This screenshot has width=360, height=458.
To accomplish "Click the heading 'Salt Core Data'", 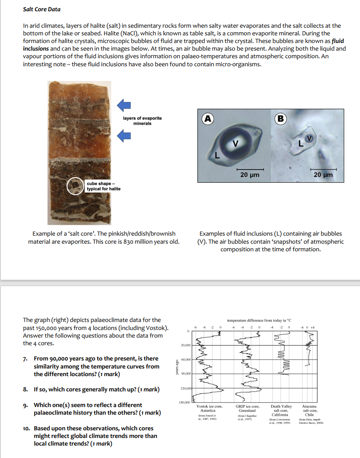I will (42, 9).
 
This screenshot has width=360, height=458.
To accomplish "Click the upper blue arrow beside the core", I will (124, 105).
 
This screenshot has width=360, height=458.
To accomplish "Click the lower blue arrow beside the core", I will (124, 136).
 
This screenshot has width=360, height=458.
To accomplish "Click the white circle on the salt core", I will (74, 186).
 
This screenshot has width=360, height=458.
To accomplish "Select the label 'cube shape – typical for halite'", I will (104, 186).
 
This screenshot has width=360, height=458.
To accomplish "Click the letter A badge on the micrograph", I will (207, 118).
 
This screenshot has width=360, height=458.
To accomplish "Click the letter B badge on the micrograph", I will (281, 118).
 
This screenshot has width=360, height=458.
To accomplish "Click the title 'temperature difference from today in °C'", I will (259, 320).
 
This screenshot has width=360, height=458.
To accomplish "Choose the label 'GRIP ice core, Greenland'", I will (247, 409).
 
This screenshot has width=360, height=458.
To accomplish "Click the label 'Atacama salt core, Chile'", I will (309, 411).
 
